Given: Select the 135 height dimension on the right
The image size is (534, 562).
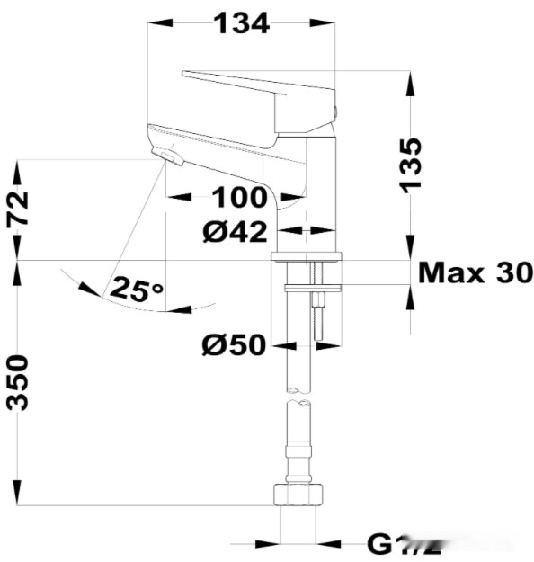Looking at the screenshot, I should click(410, 164).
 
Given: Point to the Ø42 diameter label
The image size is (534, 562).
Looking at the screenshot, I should click(235, 232).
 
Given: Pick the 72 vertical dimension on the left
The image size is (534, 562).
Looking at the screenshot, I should click(19, 210).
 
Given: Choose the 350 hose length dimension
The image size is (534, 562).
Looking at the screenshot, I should click(19, 382).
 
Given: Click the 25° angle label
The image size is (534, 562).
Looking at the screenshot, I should click(137, 290).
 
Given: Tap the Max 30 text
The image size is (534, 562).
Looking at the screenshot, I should click(476, 272).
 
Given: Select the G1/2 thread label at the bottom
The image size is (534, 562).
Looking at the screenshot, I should click(405, 544).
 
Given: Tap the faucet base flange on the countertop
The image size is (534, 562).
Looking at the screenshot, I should click(307, 257).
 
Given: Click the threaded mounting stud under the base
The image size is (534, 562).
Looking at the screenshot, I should click(318, 315).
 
